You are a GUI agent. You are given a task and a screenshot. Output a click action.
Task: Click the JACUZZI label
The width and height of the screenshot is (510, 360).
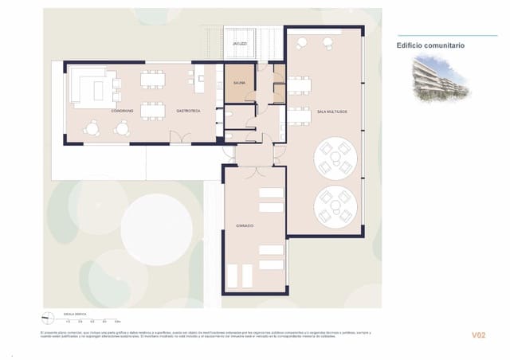coord(240,43)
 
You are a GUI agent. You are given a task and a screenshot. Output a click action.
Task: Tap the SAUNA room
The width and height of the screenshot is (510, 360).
coord(239,83)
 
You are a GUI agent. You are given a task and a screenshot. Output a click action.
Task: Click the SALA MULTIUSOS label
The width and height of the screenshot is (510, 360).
coord(331,112)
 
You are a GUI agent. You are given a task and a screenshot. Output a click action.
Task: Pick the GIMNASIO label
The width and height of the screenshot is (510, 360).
coord(245,226)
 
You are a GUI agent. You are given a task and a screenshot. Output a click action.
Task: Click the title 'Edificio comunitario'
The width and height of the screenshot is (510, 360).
coord(431,46)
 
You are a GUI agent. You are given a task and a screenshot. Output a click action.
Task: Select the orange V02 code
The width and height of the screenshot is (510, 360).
coord(478,335)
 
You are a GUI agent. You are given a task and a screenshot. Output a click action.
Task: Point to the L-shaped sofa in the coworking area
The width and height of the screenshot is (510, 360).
coord(87,86)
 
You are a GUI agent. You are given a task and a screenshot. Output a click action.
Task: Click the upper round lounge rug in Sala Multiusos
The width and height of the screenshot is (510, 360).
coord(335,157)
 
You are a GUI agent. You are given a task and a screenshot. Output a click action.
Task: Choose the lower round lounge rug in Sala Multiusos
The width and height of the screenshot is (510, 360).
coord(334,206)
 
